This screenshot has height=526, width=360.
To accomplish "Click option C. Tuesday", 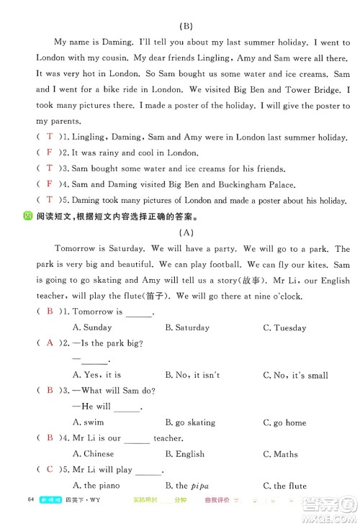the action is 285,327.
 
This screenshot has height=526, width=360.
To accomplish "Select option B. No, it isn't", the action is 192,375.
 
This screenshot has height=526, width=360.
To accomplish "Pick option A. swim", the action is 89,422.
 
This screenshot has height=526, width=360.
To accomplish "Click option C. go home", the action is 284,422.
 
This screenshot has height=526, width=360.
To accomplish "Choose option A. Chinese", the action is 94,454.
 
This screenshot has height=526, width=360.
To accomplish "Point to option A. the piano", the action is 95,486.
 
